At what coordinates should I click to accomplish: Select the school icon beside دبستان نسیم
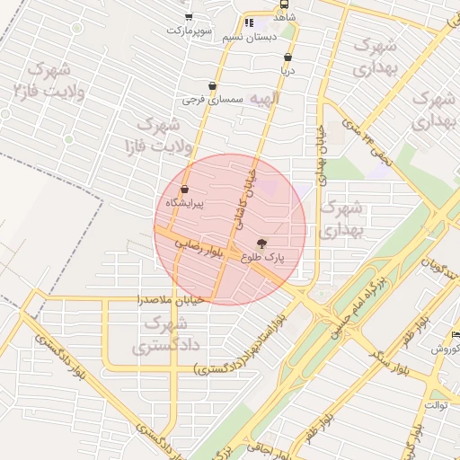click(x=249, y=22)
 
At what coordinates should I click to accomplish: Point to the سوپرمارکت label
click(x=189, y=31)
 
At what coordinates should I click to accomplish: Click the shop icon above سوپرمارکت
click(x=189, y=16)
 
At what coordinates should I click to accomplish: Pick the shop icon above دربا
click(x=287, y=57)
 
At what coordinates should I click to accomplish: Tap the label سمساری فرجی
click(x=207, y=100)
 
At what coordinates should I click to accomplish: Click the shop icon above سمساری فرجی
click(x=212, y=85)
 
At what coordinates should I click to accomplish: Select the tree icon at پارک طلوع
click(x=262, y=243)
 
